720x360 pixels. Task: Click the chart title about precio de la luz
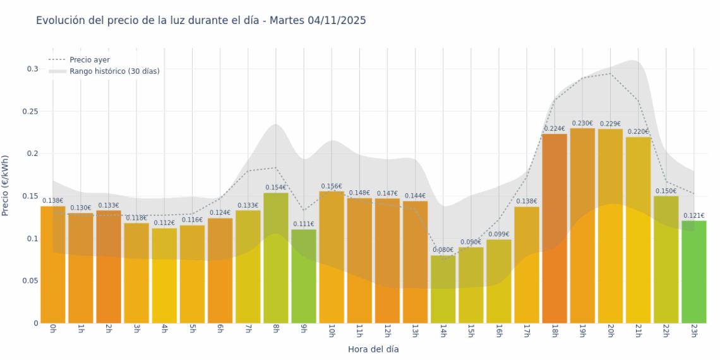tap(201, 21)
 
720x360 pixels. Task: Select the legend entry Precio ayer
tap(89, 60)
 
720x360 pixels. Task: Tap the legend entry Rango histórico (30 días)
tap(114, 71)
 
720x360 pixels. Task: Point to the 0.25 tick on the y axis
tap(29, 112)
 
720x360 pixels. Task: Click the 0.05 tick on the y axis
tap(29, 281)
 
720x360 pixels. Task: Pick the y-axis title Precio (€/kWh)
tap(6, 186)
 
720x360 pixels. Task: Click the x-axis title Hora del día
tap(373, 349)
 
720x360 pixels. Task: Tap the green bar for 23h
tap(693, 272)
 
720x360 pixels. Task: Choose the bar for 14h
tap(443, 289)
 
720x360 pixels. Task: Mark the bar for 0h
tap(53, 265)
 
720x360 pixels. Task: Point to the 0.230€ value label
tap(582, 123)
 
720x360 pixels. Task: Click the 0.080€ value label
tap(443, 250)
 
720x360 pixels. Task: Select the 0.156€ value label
tap(332, 186)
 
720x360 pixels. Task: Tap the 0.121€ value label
tap(693, 215)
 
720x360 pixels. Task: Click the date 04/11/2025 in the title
tap(337, 21)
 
